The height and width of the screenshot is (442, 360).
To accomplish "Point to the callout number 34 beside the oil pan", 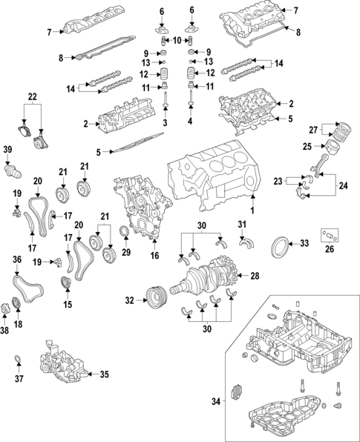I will (x=216, y=401).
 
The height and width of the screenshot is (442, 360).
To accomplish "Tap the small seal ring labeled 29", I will (x=124, y=237).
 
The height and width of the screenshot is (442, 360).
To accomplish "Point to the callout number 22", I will (x=31, y=96).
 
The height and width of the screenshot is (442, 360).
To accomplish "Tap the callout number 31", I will (x=242, y=224).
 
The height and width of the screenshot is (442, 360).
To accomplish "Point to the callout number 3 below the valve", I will (x=165, y=121).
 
